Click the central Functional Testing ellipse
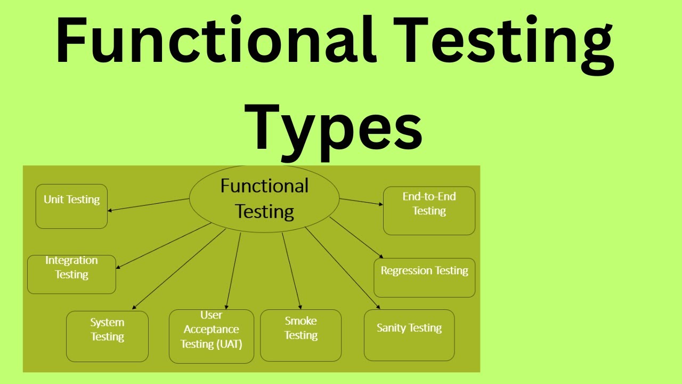click(x=264, y=198)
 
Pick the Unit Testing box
click(x=71, y=206)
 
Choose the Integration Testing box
click(x=71, y=274)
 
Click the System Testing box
click(x=107, y=336)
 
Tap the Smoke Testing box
click(x=301, y=335)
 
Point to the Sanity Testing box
click(x=409, y=335)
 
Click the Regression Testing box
click(x=424, y=277)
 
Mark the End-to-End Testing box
click(x=429, y=210)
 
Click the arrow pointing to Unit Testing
click(x=149, y=205)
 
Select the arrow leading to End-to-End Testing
click(x=361, y=202)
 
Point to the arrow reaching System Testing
click(x=179, y=269)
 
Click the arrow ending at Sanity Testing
click(x=342, y=268)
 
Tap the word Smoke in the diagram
click(x=301, y=321)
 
